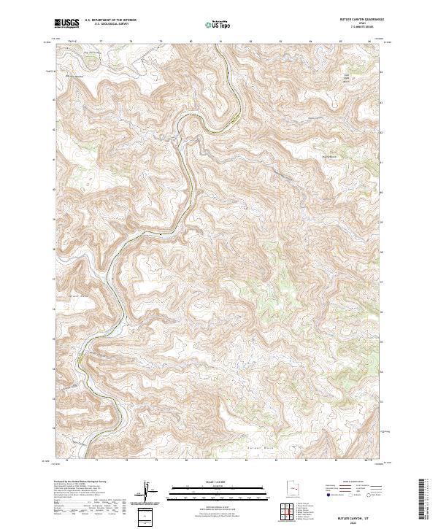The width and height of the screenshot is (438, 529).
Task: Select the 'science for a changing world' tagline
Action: (66, 28)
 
